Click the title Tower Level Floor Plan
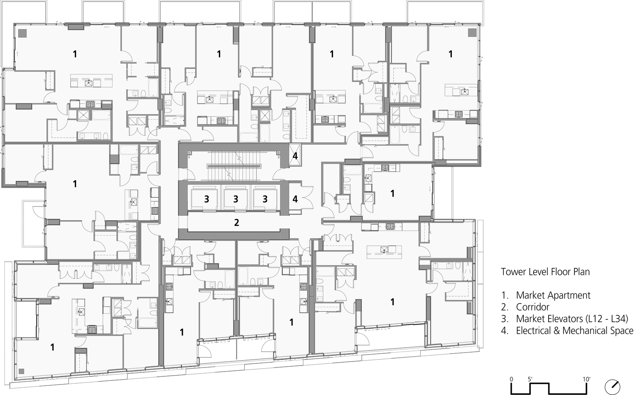[545, 272]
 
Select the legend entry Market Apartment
[553, 295]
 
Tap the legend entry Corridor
[532, 307]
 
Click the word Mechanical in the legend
[579, 331]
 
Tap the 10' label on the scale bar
[587, 379]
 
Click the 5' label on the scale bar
[530, 379]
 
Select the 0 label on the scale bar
[511, 379]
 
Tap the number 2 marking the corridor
[237, 222]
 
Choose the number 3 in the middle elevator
[235, 199]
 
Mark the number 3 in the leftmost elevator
[206, 199]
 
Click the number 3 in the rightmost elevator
[265, 199]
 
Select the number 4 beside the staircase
[295, 156]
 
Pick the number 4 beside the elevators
[295, 199]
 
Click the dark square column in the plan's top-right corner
[472, 32]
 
